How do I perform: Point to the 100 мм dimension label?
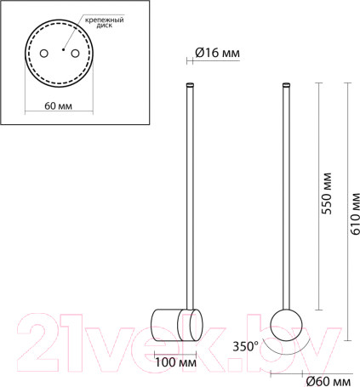point(176,362)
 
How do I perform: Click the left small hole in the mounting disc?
point(45,54)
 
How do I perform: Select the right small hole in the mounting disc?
point(76,54)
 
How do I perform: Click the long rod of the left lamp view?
point(190,196)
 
